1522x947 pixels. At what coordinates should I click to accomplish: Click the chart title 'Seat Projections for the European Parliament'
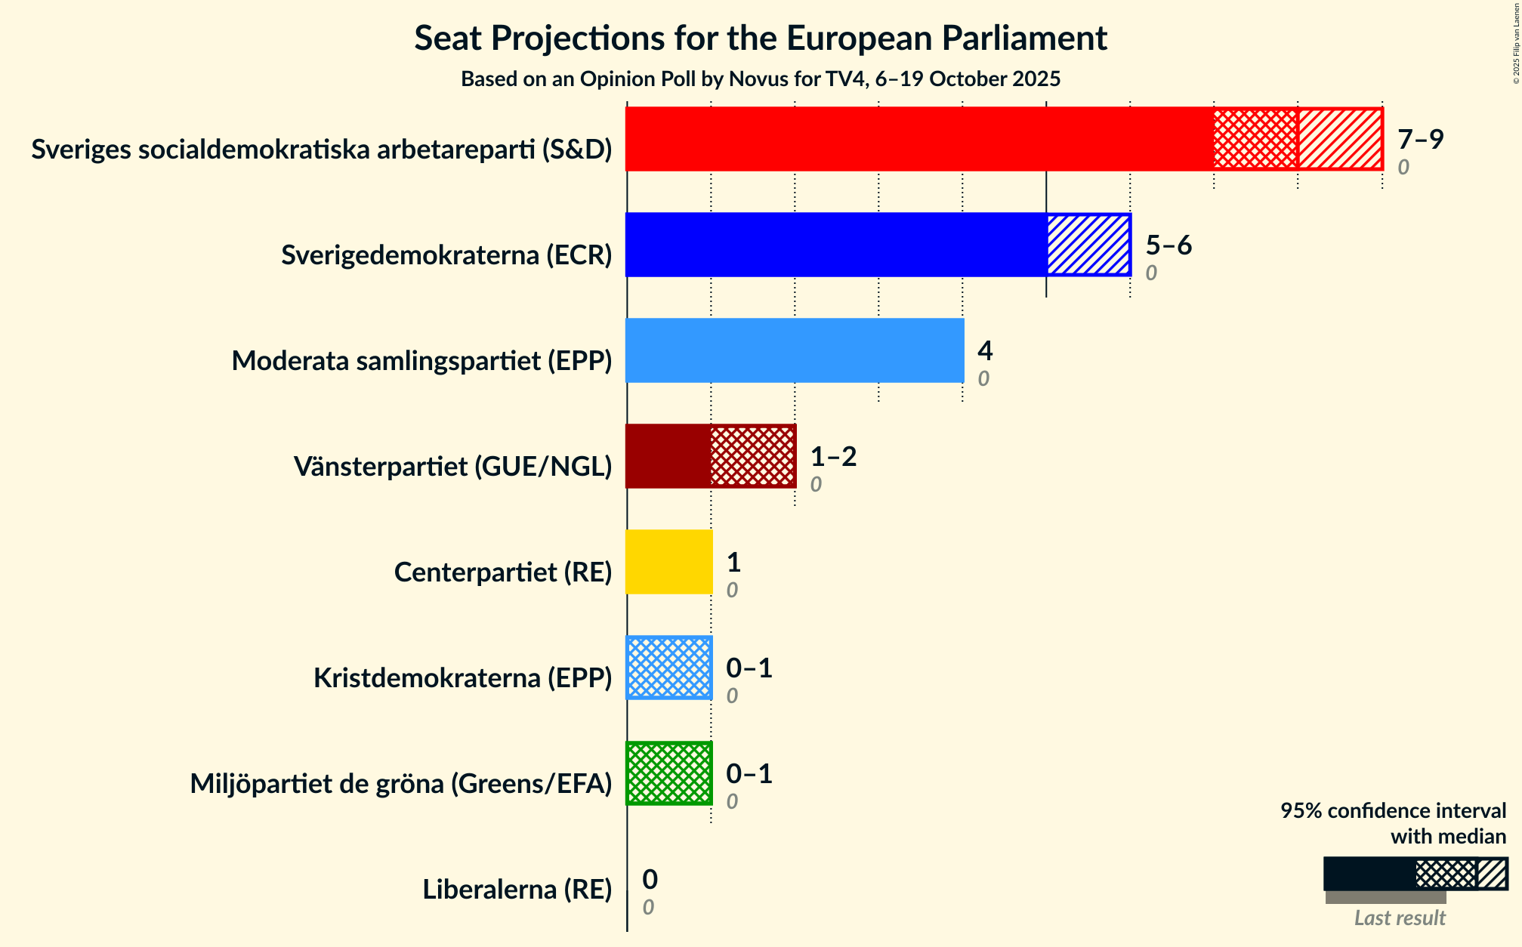tap(761, 39)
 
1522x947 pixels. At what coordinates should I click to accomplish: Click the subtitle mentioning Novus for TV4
tap(761, 79)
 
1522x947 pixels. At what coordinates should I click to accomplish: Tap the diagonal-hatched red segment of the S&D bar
tap(1340, 139)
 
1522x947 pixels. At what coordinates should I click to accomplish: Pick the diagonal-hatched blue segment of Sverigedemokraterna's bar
tap(1088, 245)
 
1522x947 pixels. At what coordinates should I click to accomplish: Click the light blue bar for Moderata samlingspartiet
tap(795, 350)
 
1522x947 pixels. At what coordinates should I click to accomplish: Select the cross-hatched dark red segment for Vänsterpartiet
tap(753, 456)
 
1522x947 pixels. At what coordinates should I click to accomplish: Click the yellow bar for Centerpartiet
tap(669, 562)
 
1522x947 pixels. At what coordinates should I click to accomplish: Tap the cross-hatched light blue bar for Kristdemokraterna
tap(669, 668)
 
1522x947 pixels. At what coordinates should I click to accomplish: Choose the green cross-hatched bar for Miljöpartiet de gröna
tap(669, 773)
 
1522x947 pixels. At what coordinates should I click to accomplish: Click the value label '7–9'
tap(1420, 140)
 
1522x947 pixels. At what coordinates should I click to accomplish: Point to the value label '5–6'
tap(1169, 245)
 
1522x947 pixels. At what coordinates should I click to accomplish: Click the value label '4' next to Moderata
tap(985, 351)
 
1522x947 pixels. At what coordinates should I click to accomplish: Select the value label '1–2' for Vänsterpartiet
tap(833, 457)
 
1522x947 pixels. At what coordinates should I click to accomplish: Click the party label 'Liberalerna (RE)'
tap(517, 890)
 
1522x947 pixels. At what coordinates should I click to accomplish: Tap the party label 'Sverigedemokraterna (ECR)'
tap(446, 255)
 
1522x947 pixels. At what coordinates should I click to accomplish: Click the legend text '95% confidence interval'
tap(1393, 811)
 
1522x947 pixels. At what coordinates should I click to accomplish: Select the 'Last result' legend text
tap(1400, 918)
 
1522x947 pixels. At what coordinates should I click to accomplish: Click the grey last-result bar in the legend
tap(1385, 897)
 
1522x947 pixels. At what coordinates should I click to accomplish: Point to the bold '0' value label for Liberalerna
tap(650, 880)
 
